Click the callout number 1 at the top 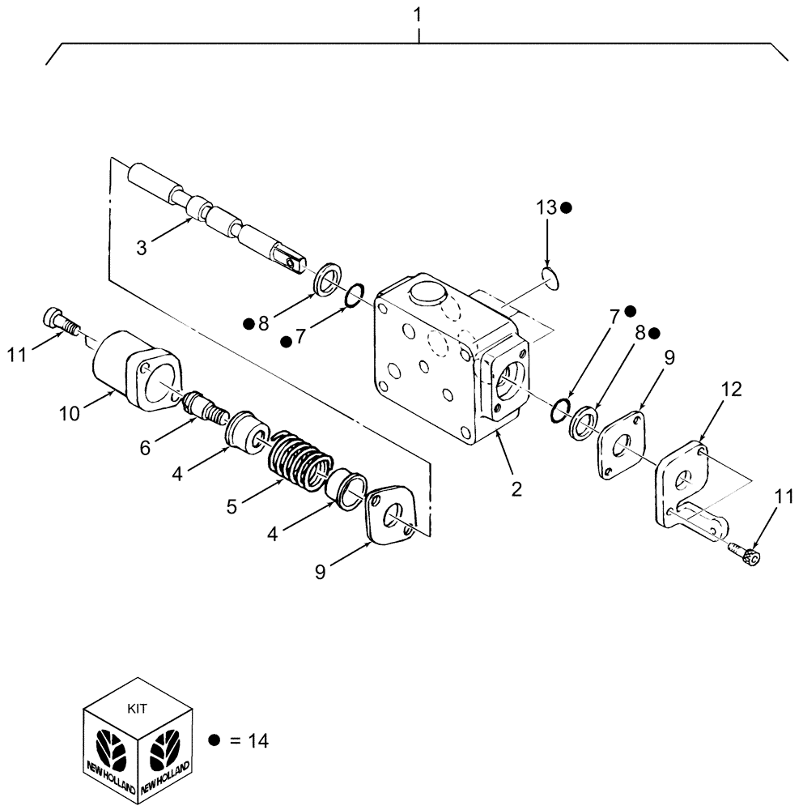pos(418,15)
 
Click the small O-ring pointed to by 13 pos(550,279)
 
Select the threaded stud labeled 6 pos(207,407)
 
